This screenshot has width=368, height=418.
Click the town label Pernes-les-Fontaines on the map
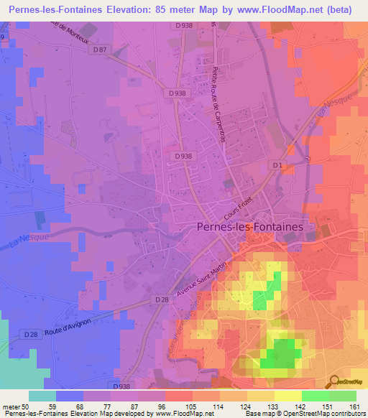256,226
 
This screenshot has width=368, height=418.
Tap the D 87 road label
100,50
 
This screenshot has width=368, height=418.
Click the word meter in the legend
11,406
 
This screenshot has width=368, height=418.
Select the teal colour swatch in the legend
42,396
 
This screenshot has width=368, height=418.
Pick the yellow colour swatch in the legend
288,396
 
